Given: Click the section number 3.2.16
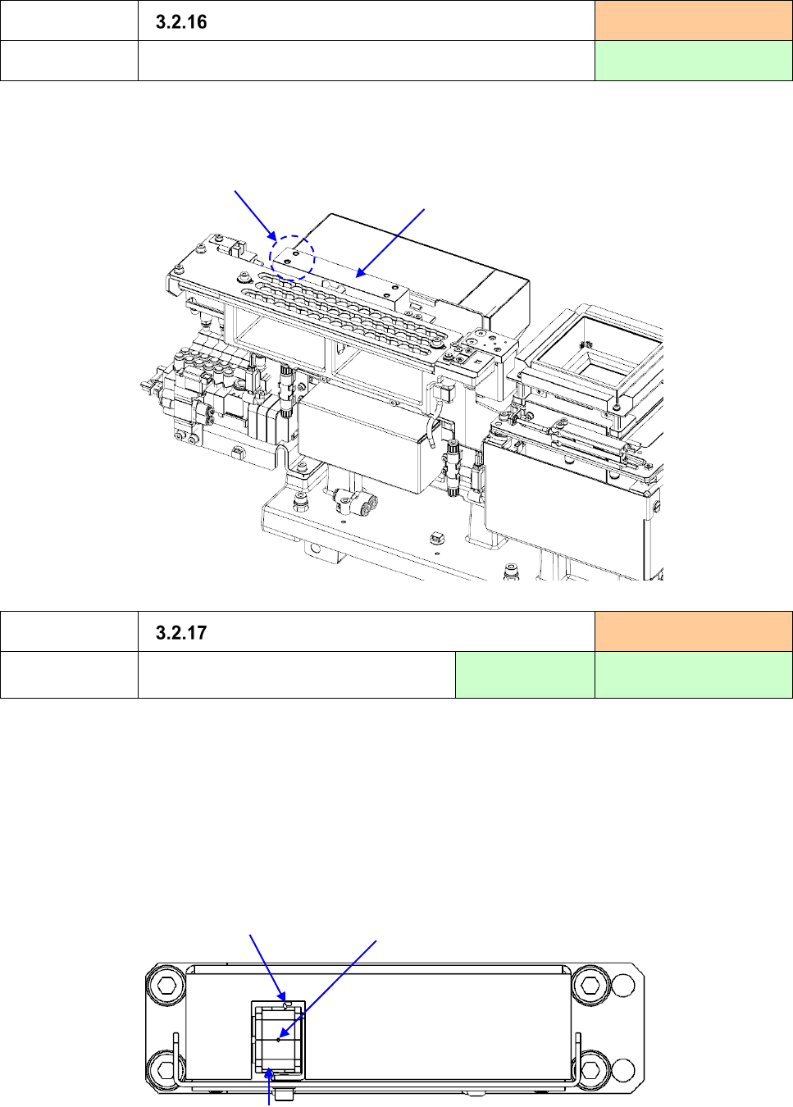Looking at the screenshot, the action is click(181, 22).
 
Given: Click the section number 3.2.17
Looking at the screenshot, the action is click(181, 632).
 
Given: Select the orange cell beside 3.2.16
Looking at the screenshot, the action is click(694, 20).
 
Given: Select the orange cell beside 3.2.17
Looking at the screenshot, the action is click(694, 631).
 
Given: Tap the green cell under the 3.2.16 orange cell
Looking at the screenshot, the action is click(694, 61).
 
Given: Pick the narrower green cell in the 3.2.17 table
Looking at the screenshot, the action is click(525, 675).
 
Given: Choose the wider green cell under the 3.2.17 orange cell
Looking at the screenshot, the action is click(694, 675).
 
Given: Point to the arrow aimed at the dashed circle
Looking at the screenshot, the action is click(255, 216).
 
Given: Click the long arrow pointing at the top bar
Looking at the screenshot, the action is click(390, 243).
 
